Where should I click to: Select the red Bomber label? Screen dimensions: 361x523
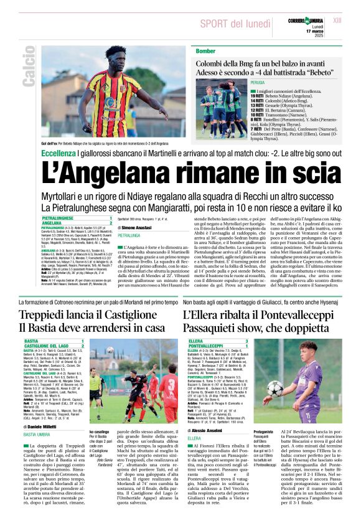[x=205, y=50]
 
